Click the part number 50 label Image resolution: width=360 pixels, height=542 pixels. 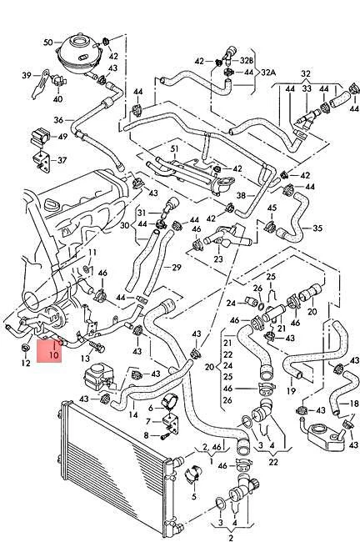(x=47, y=42)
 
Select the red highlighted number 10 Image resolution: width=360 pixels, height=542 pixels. (x=53, y=354)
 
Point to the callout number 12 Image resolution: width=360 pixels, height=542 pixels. (x=24, y=363)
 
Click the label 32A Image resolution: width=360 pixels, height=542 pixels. (x=268, y=73)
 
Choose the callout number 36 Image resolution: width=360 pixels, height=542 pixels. (x=58, y=119)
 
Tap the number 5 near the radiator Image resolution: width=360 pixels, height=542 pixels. (x=193, y=496)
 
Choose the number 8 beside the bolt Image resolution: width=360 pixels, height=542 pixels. (x=146, y=435)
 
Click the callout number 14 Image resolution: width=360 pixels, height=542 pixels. (x=132, y=414)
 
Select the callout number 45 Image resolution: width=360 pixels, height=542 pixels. (x=272, y=208)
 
